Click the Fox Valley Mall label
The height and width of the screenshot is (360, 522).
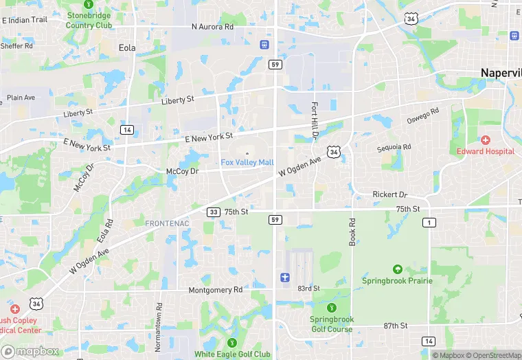pos(247,162)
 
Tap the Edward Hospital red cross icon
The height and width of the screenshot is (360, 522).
pos(486,140)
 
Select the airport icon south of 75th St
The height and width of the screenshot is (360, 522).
pos(285,277)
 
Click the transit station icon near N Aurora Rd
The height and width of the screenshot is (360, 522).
pos(264,45)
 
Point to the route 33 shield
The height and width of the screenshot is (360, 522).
pos(213,212)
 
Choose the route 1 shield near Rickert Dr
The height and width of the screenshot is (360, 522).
pos(429,222)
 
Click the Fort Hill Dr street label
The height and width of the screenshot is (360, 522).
pos(314,121)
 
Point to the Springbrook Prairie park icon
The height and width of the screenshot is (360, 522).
pos(397,269)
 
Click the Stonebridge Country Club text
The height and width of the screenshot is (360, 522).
pos(89,21)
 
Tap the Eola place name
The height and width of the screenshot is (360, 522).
pos(126,47)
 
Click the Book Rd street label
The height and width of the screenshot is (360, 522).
pos(352,232)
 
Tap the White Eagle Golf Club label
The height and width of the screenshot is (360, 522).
pos(232,354)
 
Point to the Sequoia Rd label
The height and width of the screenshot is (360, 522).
pos(394,148)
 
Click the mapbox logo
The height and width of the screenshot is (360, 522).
pos(30,350)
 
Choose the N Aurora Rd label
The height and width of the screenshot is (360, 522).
pos(212,27)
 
